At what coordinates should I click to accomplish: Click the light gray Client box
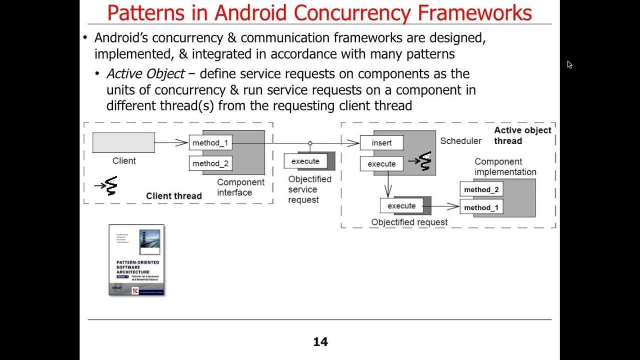pyautogui.click(x=123, y=142)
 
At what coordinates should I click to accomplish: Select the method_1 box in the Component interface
pyautogui.click(x=210, y=143)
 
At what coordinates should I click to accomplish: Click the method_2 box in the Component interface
pyautogui.click(x=210, y=163)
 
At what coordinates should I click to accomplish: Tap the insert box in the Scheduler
pyautogui.click(x=381, y=143)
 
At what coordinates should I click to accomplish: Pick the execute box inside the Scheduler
pyautogui.click(x=381, y=164)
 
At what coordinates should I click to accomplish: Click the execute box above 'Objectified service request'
pyautogui.click(x=305, y=161)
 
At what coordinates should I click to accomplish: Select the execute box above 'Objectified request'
pyautogui.click(x=401, y=206)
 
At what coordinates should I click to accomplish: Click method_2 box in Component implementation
pyautogui.click(x=481, y=189)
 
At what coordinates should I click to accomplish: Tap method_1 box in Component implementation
pyautogui.click(x=481, y=207)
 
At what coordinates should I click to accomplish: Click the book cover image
pyautogui.click(x=136, y=260)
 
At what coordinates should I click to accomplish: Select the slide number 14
pyautogui.click(x=320, y=342)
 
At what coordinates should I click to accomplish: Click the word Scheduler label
pyautogui.click(x=460, y=141)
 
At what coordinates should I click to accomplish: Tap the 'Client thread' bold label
pyautogui.click(x=173, y=196)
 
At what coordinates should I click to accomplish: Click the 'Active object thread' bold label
pyautogui.click(x=522, y=135)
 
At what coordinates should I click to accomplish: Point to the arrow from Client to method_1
pyautogui.click(x=171, y=143)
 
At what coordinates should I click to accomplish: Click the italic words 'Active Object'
pyautogui.click(x=145, y=74)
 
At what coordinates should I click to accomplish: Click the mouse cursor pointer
pyautogui.click(x=569, y=64)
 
